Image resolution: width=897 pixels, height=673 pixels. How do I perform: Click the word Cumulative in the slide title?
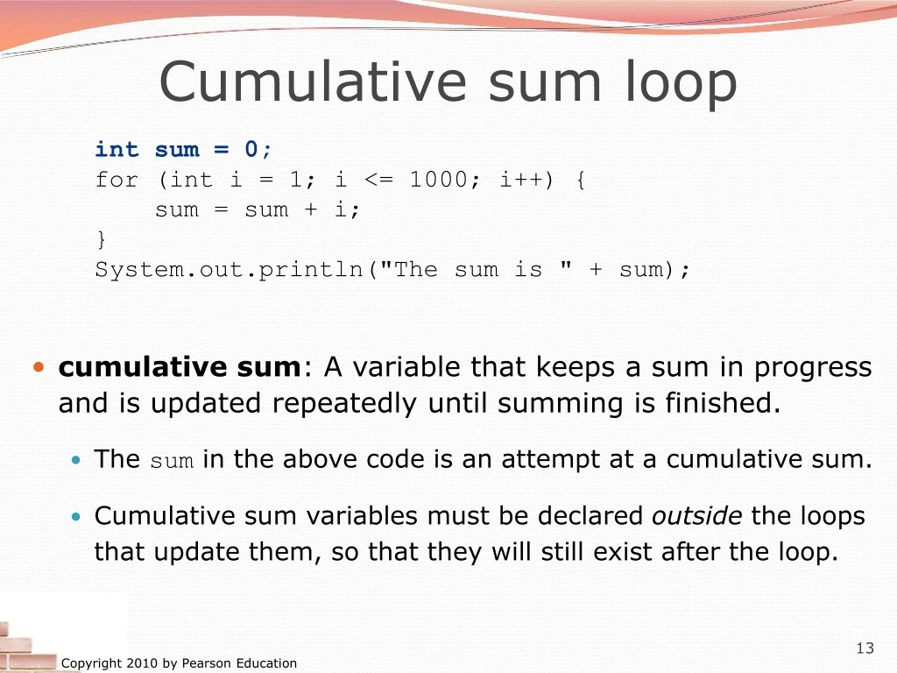[314, 81]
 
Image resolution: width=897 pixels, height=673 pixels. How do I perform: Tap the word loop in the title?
[681, 83]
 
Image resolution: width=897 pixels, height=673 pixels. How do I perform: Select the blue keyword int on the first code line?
[117, 149]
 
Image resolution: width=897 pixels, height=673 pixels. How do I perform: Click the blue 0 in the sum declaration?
[251, 149]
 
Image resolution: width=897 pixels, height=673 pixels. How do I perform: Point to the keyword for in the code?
[117, 180]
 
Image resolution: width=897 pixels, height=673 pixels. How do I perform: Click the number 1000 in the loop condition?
[438, 180]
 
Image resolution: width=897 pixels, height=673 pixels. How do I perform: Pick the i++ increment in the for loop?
[520, 180]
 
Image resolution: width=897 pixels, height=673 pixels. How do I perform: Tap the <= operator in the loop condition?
[378, 181]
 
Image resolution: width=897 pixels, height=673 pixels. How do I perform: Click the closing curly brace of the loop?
[102, 238]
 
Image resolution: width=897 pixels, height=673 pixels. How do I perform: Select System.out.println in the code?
[229, 270]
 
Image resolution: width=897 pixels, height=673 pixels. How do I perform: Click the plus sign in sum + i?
[311, 209]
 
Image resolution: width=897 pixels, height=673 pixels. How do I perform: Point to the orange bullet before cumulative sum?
[39, 367]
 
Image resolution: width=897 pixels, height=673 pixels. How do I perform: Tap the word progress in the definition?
[813, 369]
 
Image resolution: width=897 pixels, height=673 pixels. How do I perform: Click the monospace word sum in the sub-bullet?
[172, 461]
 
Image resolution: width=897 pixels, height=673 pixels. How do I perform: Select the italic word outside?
[696, 515]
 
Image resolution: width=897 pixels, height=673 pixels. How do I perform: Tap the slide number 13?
[865, 648]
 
